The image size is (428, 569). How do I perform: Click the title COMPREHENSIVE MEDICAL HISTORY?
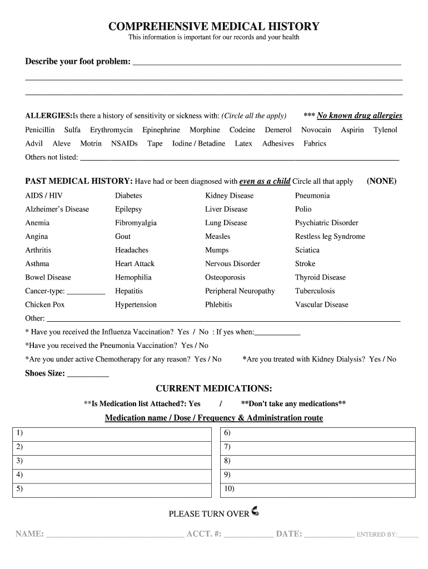(213, 26)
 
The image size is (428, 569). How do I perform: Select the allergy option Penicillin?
(40, 130)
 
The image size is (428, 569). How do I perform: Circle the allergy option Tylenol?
(385, 130)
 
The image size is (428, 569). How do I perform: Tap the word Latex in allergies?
(243, 143)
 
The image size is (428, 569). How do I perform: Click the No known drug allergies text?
(359, 116)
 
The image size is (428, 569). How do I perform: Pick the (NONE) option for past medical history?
(381, 181)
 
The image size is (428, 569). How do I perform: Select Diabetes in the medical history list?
(128, 196)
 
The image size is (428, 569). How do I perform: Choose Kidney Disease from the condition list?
(229, 196)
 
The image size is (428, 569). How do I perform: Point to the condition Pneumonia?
(312, 196)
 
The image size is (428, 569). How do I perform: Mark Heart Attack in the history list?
(135, 264)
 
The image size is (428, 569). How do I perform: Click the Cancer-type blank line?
(86, 292)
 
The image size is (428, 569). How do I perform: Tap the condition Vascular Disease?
(322, 305)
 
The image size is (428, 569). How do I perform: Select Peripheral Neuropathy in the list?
(240, 291)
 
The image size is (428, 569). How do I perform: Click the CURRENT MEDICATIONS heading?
(213, 388)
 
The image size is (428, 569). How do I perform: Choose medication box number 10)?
(318, 490)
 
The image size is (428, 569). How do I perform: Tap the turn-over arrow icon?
(255, 511)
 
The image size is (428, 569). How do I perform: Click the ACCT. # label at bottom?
(204, 534)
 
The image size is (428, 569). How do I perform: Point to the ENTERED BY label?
(376, 535)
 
